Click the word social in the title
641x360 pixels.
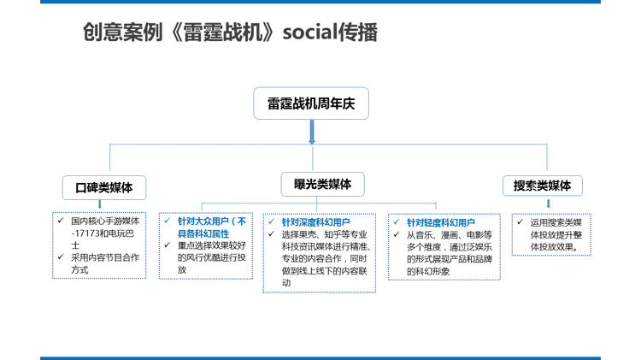click(x=310, y=32)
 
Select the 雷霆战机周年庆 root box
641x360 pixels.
click(x=311, y=103)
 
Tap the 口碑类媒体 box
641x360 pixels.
click(x=104, y=188)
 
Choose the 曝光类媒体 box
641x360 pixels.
click(x=322, y=184)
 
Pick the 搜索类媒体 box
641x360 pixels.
click(x=543, y=186)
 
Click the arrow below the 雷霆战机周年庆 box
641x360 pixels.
click(x=312, y=132)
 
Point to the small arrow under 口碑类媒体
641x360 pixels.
click(x=100, y=204)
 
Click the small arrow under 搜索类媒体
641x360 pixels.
click(x=549, y=204)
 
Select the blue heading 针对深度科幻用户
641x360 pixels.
click(x=315, y=222)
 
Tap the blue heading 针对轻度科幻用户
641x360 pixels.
click(x=441, y=223)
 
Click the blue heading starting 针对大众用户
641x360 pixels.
click(x=212, y=227)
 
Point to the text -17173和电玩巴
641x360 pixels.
click(x=103, y=233)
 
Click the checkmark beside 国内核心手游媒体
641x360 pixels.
click(x=61, y=221)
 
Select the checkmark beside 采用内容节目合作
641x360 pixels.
click(x=61, y=257)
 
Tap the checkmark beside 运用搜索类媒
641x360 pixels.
click(x=520, y=221)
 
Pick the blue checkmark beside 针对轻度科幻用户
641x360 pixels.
click(x=396, y=222)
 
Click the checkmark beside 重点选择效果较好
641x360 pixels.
click(x=168, y=245)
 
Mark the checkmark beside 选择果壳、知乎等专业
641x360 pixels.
click(x=272, y=234)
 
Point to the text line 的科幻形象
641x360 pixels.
click(x=428, y=271)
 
